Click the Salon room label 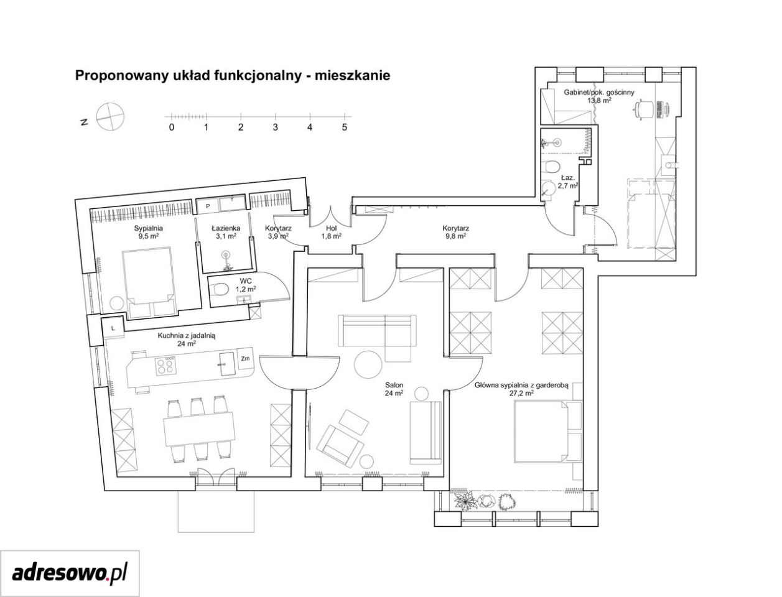(394, 385)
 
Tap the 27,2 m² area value (521, 393)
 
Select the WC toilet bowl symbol (219, 289)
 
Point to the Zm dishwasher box (245, 359)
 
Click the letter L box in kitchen (113, 328)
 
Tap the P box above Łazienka (208, 206)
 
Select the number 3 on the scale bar (275, 127)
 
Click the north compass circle (111, 116)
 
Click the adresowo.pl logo (70, 573)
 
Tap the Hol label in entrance (332, 228)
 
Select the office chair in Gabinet (644, 109)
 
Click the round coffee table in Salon (369, 365)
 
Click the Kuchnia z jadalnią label (187, 335)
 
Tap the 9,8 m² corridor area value (455, 236)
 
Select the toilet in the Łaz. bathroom (551, 166)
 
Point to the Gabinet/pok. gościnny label (599, 92)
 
